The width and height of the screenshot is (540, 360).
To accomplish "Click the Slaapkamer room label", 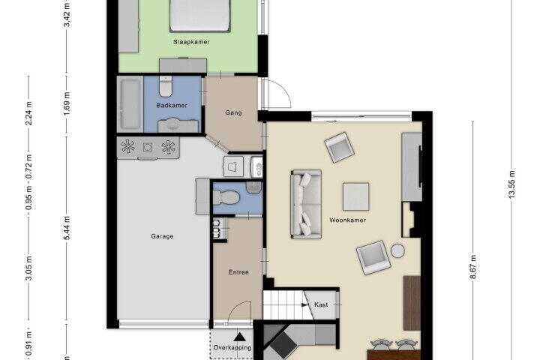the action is click(x=191, y=42).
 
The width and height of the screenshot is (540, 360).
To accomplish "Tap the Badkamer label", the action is click(x=172, y=105).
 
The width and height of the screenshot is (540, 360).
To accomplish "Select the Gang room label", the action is click(x=233, y=112).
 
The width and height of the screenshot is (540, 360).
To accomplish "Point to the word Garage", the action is click(x=162, y=236).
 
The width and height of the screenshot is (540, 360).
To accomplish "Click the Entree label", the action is click(x=238, y=272).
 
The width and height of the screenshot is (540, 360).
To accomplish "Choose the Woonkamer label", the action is click(x=347, y=220).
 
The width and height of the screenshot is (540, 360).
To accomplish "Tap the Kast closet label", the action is click(x=321, y=305).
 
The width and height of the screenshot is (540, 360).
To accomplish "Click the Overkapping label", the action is click(x=232, y=347).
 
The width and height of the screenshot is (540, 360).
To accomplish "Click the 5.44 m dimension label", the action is click(x=67, y=228).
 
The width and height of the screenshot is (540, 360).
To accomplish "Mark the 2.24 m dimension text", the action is click(x=29, y=114).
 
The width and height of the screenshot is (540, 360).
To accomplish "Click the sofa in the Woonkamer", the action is click(x=306, y=204).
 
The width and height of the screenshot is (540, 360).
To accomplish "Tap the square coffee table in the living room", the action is click(x=355, y=196).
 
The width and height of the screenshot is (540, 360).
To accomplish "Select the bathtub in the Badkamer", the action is click(x=130, y=104).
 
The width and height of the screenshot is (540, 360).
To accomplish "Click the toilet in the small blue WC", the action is click(x=226, y=197).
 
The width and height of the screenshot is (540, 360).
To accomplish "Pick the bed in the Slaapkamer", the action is click(x=200, y=16).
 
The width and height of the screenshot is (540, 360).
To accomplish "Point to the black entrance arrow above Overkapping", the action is click(x=240, y=336).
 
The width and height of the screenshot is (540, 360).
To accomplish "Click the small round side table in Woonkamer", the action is click(x=397, y=250).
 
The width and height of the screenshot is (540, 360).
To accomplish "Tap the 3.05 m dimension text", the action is click(x=29, y=268).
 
